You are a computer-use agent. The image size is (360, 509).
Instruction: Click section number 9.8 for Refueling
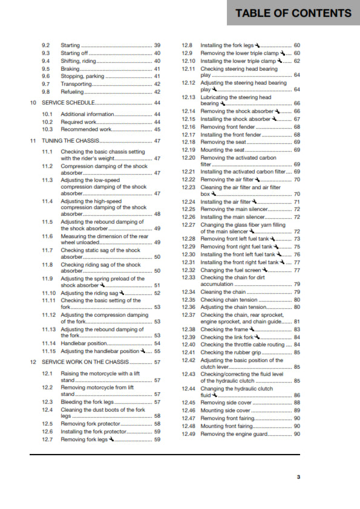[x=46, y=92]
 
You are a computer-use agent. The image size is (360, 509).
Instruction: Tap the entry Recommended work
[x=86, y=129]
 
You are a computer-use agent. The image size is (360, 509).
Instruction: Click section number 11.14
[x=49, y=343]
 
